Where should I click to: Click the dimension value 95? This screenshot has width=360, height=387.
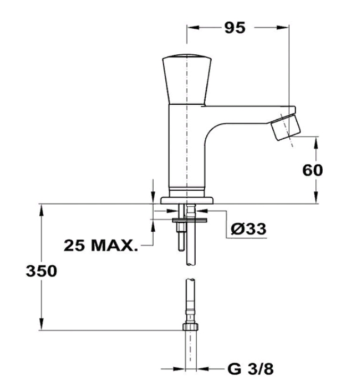pos(235,28)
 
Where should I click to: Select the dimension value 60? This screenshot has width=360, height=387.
pos(313,170)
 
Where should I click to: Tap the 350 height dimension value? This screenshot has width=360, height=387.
pos(41,271)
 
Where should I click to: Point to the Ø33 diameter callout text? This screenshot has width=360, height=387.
pos(249,229)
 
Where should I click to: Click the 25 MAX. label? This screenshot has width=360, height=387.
pos(101,246)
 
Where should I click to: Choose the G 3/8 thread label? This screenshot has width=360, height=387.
pos(250,369)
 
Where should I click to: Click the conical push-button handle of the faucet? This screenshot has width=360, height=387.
pos(187,79)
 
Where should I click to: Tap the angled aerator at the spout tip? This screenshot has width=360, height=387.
pos(286,128)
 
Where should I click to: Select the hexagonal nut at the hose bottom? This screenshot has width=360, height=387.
pos(190,327)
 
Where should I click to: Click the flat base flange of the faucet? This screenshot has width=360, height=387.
pos(187,200)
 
